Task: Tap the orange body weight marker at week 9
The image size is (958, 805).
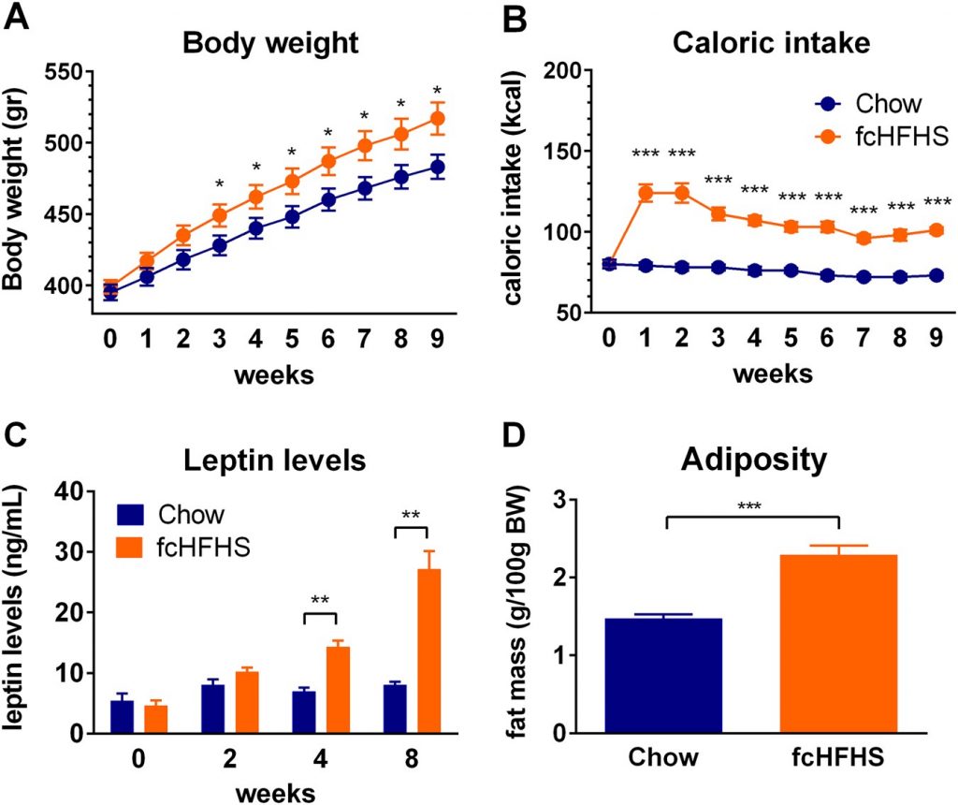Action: pos(437,119)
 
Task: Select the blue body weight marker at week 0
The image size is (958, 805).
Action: pos(110,292)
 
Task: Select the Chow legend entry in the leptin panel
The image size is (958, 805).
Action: pos(178,516)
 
